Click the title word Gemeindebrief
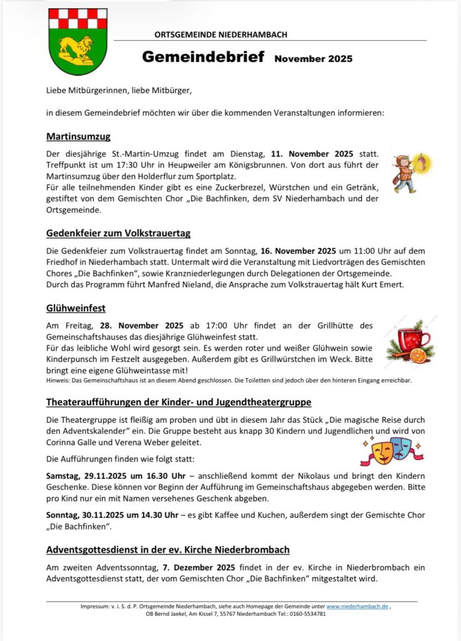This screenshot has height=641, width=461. [203, 57]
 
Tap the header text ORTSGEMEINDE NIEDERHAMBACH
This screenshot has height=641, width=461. [221, 35]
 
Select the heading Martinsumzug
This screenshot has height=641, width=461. [78, 136]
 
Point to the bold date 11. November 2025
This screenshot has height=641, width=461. [312, 153]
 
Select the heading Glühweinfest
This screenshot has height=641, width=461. [76, 308]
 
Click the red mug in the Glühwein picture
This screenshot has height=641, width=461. [413, 341]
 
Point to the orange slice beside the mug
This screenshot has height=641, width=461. [418, 356]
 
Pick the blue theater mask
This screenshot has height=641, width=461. [401, 446]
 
